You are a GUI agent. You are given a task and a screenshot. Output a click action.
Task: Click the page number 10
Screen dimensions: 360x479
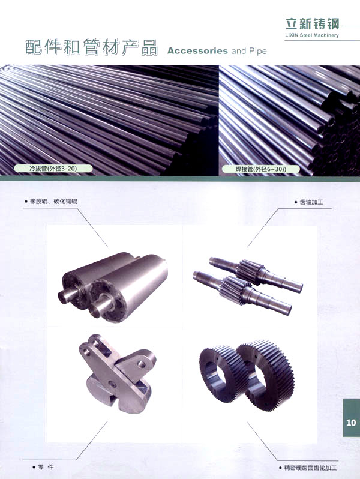(x=351, y=423)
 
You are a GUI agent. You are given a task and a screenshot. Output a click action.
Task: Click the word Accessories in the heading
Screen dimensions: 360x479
(x=197, y=50)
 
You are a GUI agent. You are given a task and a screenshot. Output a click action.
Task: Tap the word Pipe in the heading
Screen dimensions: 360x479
(x=258, y=50)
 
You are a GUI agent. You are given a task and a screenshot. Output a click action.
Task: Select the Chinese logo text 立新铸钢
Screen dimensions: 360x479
(x=312, y=23)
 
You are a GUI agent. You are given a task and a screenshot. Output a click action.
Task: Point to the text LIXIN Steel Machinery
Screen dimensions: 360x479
(x=312, y=35)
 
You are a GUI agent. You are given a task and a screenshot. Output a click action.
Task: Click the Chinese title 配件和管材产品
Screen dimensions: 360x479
(x=91, y=47)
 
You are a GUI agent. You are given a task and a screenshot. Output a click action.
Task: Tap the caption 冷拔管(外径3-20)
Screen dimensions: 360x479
(x=53, y=168)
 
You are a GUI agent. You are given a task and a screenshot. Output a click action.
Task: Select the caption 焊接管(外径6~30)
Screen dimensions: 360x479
(x=260, y=169)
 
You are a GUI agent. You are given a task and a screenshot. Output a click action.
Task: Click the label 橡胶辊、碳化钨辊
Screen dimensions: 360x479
(x=53, y=202)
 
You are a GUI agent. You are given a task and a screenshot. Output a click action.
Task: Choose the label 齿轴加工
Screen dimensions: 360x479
(x=311, y=202)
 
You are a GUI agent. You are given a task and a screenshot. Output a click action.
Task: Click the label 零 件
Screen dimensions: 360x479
(x=46, y=467)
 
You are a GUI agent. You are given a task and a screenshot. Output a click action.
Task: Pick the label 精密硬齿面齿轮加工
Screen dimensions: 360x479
(x=310, y=468)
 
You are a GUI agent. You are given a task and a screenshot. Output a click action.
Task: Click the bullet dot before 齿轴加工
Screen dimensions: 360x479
(x=296, y=202)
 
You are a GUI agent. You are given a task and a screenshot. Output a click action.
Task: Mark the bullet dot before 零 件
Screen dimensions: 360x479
(x=34, y=468)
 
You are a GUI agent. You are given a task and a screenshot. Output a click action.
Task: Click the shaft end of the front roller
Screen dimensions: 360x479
(x=99, y=307)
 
